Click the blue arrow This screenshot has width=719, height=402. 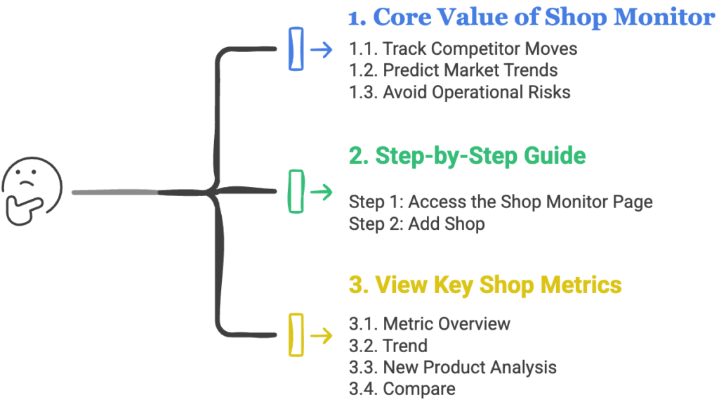[x=322, y=50]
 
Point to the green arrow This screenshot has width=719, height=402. [x=322, y=192]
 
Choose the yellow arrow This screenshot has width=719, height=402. [x=322, y=335]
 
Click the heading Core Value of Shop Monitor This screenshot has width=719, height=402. [x=532, y=18]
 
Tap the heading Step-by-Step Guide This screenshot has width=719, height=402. [x=467, y=156]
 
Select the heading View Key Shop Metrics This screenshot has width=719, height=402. [x=485, y=285]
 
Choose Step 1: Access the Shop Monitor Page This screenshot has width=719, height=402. [x=501, y=202]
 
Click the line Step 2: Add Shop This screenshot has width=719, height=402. [x=417, y=224]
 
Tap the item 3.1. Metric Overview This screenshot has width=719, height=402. [x=430, y=324]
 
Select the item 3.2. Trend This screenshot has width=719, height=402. [x=388, y=346]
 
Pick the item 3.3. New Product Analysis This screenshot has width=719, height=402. [x=453, y=368]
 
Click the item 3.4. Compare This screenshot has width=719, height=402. [x=402, y=389]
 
